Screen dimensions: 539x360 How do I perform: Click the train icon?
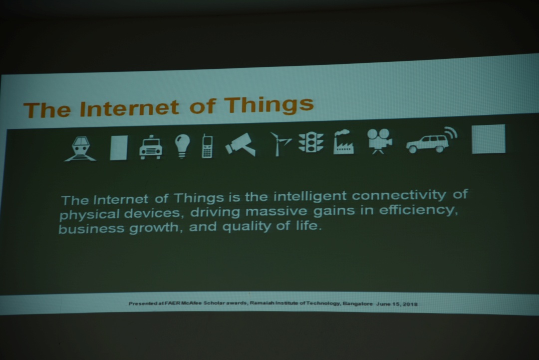coord(80,148)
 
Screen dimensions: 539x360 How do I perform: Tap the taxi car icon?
coord(151,147)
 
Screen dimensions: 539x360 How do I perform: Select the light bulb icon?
coord(182,146)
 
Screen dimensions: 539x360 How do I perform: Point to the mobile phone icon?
coord(207,146)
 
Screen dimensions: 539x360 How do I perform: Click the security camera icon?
coord(241,144)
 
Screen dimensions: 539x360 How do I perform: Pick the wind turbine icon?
coord(280,144)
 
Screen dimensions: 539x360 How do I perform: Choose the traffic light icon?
coord(311,142)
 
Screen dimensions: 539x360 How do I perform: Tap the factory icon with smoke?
coord(343,142)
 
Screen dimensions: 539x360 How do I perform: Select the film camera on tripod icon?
coord(379,141)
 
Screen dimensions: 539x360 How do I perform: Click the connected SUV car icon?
coord(427,144)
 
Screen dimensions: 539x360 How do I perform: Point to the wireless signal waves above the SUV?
coord(451,133)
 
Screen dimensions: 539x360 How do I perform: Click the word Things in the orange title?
coord(269,104)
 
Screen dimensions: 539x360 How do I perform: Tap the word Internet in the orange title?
coord(129,108)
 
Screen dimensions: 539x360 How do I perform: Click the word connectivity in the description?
coord(399,195)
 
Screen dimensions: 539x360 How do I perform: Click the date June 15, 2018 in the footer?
coord(397,304)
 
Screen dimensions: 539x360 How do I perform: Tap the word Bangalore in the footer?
coord(357,304)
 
